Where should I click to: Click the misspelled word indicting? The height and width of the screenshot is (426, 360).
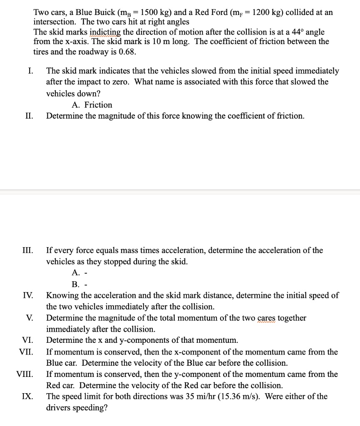tap(106, 32)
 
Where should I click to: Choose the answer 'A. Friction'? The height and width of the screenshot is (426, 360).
tap(92, 105)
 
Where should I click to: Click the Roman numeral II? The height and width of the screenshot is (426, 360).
tap(29, 116)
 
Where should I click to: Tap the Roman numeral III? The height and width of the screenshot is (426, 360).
tap(27, 250)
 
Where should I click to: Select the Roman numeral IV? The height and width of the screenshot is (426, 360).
tap(28, 296)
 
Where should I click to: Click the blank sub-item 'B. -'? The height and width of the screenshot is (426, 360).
tap(78, 285)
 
